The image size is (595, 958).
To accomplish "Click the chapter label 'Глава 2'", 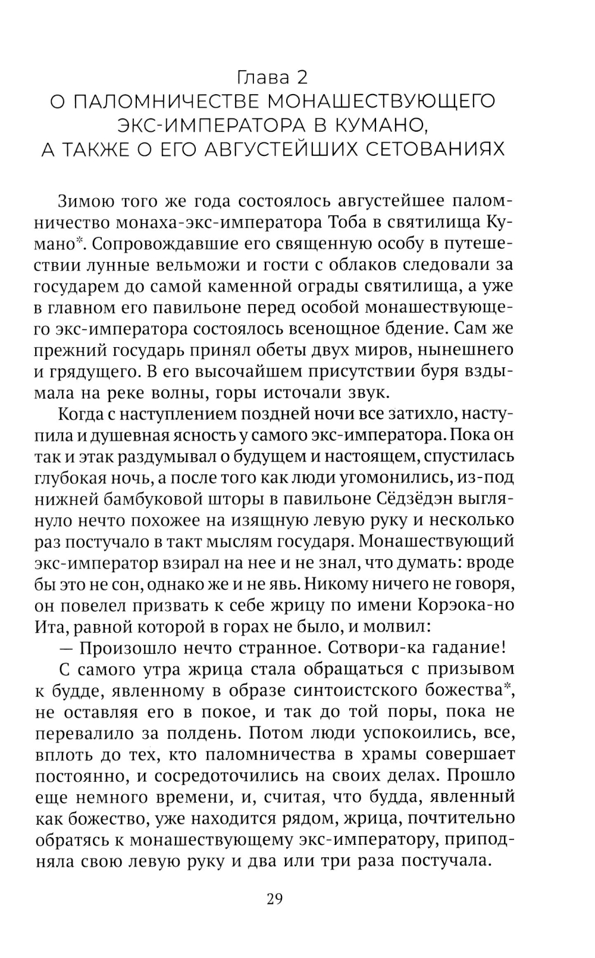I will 273,77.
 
